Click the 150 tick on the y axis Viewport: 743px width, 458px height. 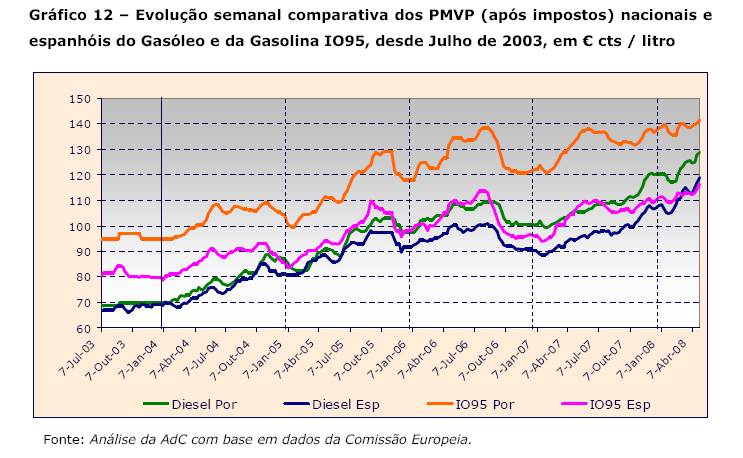[x=80, y=98]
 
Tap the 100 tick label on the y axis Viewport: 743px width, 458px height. [x=80, y=226]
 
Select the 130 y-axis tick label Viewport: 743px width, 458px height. [x=80, y=149]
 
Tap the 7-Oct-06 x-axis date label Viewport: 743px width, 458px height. [x=493, y=355]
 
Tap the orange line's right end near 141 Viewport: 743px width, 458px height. [x=699, y=121]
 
